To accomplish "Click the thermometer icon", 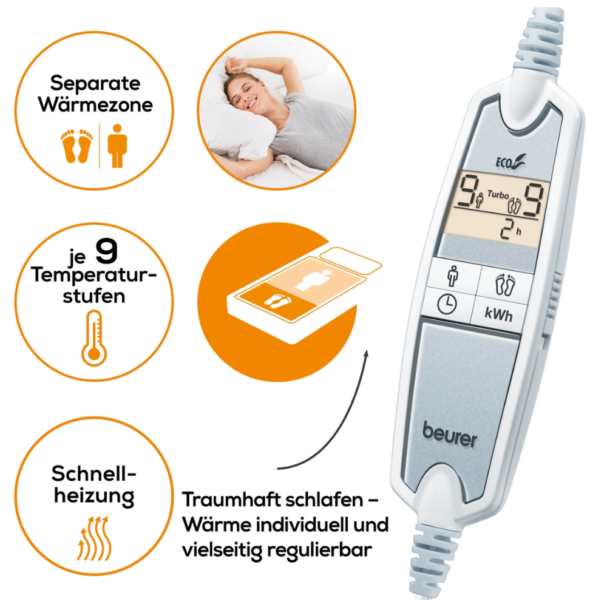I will [x=94, y=337].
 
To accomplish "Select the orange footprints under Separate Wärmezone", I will [x=77, y=146].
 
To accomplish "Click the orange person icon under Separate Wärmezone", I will [x=117, y=146].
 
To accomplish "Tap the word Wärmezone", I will [x=95, y=104].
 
